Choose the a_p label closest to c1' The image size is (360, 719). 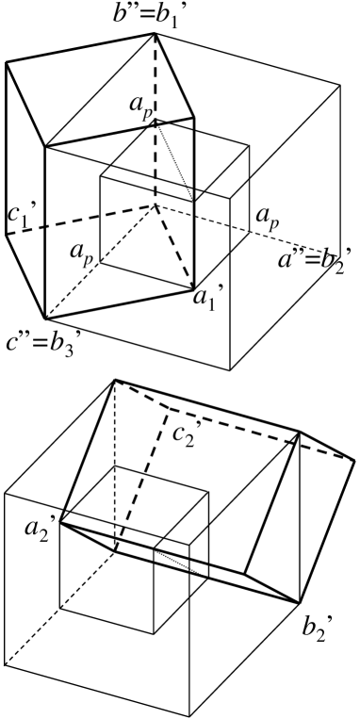(x=80, y=254)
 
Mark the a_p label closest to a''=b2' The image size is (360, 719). (x=268, y=223)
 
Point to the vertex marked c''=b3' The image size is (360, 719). (x=42, y=318)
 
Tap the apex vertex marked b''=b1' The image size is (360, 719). (x=155, y=35)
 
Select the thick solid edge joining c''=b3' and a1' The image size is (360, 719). (x=118, y=302)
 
